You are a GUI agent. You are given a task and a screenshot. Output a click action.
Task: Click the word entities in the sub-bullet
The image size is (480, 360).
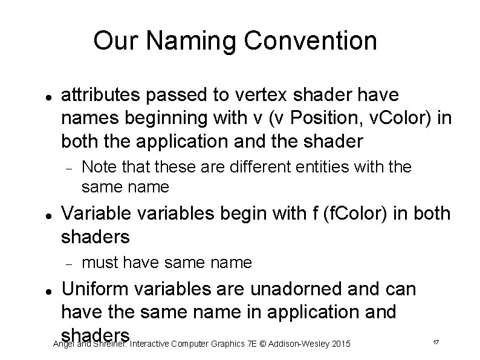[x=331, y=166]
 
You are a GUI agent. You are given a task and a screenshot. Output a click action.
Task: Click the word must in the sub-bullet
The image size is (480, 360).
[x=99, y=263]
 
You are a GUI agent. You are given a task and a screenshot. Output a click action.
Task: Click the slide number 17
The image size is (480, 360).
[x=435, y=344]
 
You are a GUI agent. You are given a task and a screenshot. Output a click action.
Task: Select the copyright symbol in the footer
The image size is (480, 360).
[x=263, y=344]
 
